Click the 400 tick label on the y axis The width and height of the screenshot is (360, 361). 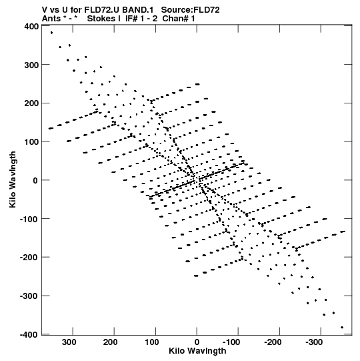[31, 27]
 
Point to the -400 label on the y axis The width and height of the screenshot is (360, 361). [29, 334]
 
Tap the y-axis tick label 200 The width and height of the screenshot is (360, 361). [31, 103]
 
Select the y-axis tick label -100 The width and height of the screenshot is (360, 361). [29, 219]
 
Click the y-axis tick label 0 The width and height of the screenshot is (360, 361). [35, 180]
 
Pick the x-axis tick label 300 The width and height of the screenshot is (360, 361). [69, 342]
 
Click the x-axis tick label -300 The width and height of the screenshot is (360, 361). [315, 342]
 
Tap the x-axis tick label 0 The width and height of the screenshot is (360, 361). [197, 342]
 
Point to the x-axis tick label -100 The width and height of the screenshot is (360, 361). [231, 342]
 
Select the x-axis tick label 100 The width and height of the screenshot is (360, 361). [151, 342]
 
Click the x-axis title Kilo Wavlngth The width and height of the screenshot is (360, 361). [197, 351]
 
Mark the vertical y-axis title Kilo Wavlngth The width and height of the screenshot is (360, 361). [13, 179]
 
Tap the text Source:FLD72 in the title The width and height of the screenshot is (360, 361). [190, 10]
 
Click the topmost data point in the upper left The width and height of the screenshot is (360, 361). [51, 33]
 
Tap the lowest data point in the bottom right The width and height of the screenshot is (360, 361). [342, 328]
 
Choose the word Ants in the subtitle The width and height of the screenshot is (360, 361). [50, 19]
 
